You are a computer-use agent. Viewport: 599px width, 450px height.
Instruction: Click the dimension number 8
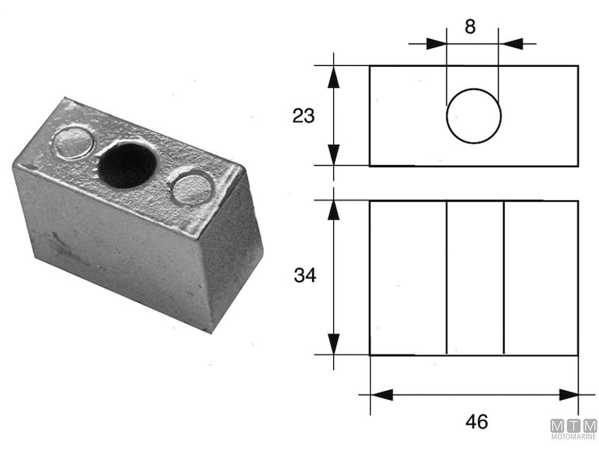(469, 27)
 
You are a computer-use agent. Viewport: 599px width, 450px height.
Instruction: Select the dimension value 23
(303, 115)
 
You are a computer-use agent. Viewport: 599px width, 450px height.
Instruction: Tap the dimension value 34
(305, 276)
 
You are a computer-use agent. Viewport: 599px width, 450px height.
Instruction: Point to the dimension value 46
(476, 421)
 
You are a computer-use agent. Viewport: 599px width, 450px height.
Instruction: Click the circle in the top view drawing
(473, 116)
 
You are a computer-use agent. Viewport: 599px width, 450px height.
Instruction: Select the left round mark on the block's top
(73, 142)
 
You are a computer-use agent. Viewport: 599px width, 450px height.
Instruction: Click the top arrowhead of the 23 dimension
(334, 76)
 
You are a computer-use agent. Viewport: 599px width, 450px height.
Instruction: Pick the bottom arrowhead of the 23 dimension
(334, 155)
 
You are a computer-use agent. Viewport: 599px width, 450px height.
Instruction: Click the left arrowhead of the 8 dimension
(437, 43)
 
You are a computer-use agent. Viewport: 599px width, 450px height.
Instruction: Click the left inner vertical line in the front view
(446, 277)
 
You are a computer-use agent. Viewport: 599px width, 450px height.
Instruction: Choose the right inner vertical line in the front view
(503, 277)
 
